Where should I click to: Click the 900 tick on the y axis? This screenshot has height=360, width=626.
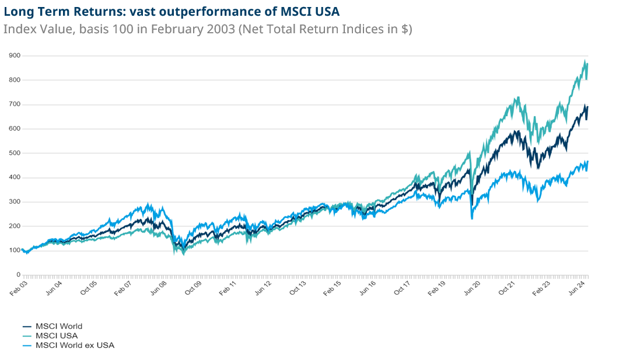(15, 55)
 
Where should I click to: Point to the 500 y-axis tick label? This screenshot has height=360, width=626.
(15, 153)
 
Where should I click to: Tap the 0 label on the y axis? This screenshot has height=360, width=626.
(18, 274)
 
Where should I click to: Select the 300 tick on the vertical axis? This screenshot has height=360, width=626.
(15, 202)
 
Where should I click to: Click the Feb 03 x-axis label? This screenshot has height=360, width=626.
(18, 288)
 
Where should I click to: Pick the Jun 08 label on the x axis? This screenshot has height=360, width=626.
(159, 288)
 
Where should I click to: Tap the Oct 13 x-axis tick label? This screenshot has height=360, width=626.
(299, 288)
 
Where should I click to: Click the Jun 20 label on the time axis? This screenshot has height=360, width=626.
(473, 288)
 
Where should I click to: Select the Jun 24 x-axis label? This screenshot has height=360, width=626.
(578, 288)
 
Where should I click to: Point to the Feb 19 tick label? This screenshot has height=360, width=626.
(438, 288)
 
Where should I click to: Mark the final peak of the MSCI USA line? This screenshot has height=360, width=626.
(585, 61)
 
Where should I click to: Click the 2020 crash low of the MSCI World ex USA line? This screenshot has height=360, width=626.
(471, 218)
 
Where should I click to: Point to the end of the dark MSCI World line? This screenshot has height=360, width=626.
(587, 107)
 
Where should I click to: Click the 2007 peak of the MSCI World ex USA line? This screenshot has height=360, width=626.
(148, 205)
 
